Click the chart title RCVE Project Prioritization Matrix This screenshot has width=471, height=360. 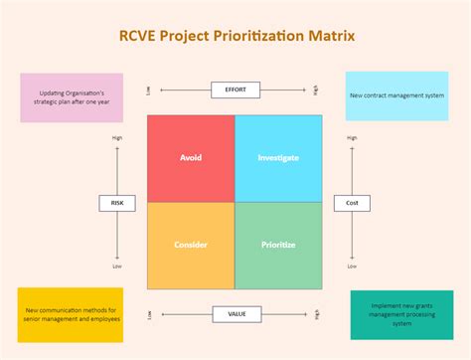point(235,37)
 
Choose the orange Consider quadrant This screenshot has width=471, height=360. point(191,246)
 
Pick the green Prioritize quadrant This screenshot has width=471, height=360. point(278,246)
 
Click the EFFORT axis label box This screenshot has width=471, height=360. point(235,90)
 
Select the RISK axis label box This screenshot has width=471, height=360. point(117,203)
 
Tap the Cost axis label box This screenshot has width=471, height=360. point(352,203)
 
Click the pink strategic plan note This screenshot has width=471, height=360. point(72,96)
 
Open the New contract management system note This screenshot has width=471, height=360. point(398,95)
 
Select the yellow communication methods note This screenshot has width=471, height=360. point(71,315)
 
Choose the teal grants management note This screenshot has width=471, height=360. point(401,315)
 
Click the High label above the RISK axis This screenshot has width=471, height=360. point(117,138)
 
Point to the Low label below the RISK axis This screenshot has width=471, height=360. point(117,267)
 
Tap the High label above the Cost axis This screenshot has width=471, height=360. point(352,138)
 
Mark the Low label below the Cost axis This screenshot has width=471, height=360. point(352,267)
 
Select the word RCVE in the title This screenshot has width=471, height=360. point(137,37)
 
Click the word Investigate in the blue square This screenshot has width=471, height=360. point(278,158)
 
